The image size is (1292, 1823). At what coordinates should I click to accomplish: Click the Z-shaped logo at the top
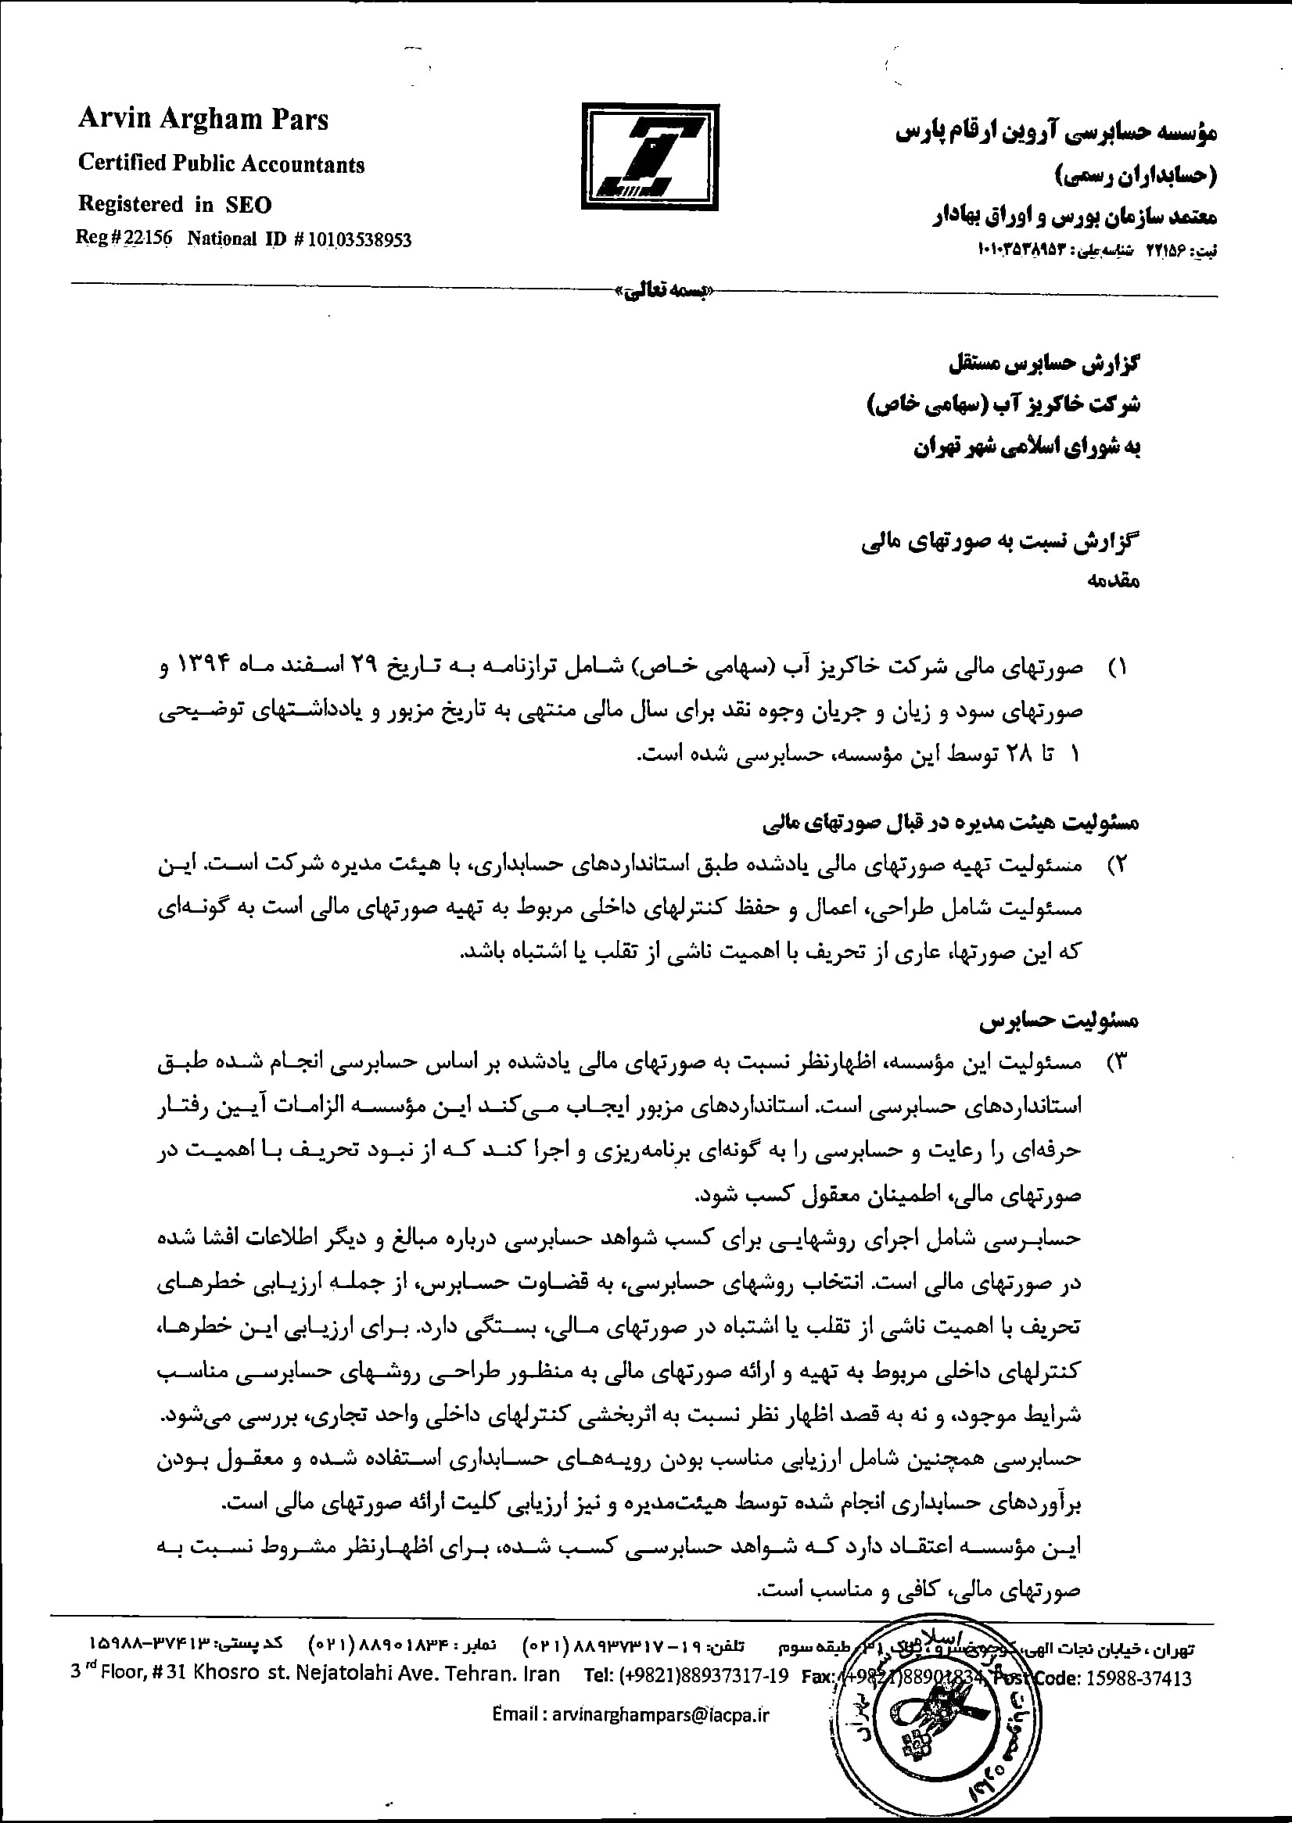coord(649,156)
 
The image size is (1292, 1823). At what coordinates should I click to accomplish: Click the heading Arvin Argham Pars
coord(203,120)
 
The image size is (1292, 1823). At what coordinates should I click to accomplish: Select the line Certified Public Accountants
coord(221,164)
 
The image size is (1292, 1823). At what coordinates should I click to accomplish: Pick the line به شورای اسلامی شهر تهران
coord(1026,447)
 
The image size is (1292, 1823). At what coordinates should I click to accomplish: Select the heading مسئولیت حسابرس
coord(1059,1020)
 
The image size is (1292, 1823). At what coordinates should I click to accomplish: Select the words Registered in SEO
coord(174,204)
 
